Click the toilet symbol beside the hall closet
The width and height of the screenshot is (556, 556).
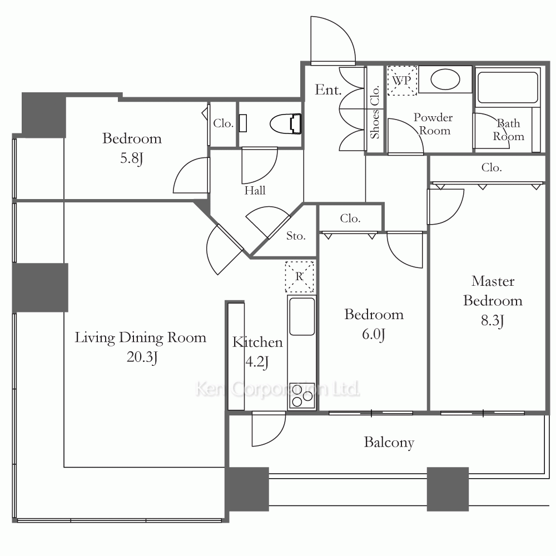(285, 124)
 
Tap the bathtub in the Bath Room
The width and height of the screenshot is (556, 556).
(508, 88)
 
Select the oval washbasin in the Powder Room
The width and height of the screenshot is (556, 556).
(445, 80)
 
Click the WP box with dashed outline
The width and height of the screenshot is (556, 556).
(402, 81)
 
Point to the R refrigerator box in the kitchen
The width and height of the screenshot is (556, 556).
(300, 276)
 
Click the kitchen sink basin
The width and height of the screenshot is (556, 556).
(302, 316)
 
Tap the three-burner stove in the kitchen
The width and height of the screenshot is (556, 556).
(302, 396)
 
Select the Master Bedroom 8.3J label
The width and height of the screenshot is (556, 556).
(493, 301)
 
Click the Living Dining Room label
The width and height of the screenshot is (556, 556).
(141, 337)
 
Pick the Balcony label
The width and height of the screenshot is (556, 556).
(389, 443)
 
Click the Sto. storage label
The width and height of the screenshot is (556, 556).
(296, 236)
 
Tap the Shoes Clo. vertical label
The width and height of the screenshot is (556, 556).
(375, 112)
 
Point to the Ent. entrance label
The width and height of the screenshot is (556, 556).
(328, 90)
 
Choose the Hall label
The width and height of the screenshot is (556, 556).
(255, 190)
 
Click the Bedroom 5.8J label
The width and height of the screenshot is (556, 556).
(132, 148)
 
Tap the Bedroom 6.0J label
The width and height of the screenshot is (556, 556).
(374, 324)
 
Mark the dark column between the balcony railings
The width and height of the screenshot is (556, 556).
(448, 489)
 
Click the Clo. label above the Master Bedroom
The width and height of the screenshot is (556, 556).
(492, 167)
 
